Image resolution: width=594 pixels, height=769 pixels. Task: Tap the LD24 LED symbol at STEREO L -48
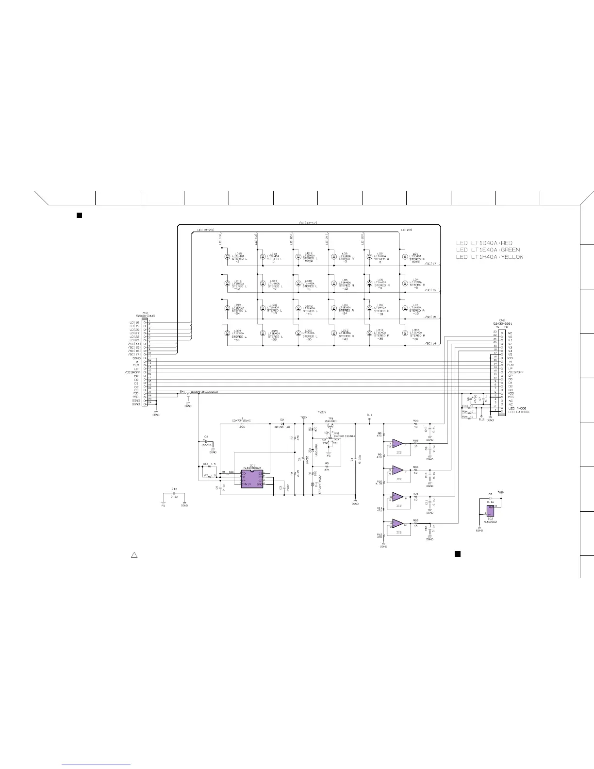(227, 333)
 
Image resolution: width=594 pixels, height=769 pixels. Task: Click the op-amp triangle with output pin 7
(397, 470)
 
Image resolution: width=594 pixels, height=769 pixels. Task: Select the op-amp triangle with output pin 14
(397, 524)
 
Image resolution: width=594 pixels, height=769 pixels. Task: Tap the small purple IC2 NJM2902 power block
(491, 511)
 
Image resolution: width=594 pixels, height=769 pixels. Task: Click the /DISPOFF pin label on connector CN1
(132, 372)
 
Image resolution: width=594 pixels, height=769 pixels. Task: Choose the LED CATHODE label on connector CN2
(519, 412)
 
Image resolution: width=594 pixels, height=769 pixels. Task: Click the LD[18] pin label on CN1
(134, 322)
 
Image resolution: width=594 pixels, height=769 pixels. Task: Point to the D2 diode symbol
(282, 424)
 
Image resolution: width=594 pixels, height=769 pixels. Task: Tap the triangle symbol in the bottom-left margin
(135, 555)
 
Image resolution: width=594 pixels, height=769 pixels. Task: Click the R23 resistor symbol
(416, 424)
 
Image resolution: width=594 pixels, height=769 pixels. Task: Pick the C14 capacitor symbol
(174, 493)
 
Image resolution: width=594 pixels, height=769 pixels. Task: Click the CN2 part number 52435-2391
(502, 323)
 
